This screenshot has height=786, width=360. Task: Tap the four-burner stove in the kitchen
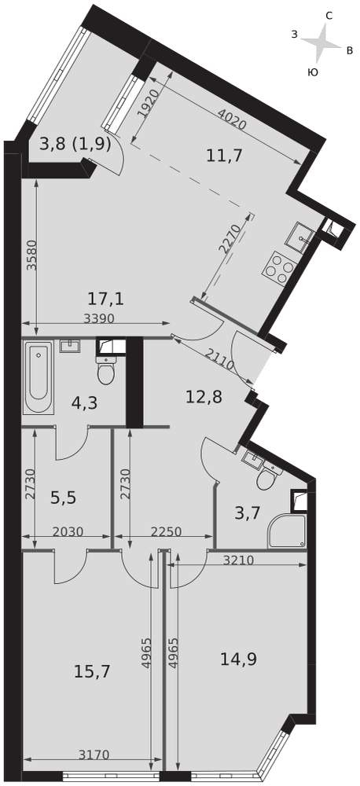[x=277, y=268]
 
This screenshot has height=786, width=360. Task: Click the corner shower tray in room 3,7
[x=287, y=531]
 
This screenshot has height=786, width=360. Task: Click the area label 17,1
[x=105, y=299]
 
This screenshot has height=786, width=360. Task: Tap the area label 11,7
[x=224, y=156]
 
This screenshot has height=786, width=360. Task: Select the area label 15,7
[x=92, y=670]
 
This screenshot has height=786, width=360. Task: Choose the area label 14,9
[x=239, y=659]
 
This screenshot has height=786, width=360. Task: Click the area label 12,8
[x=204, y=397]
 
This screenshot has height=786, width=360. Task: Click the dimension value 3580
[x=32, y=256]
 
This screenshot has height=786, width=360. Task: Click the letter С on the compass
[x=329, y=16]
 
